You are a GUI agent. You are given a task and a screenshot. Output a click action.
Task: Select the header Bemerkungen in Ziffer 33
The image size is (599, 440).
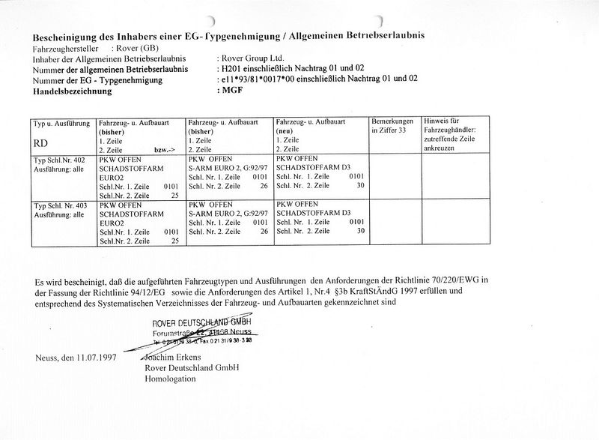point(392,125)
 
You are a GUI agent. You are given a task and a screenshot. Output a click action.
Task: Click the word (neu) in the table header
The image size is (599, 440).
point(285,130)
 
